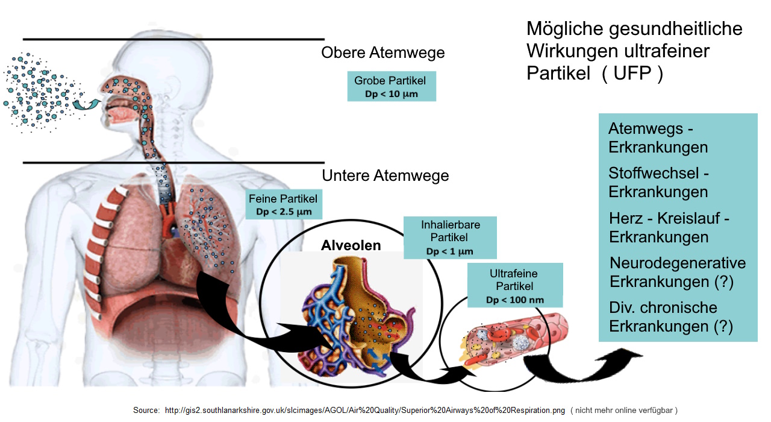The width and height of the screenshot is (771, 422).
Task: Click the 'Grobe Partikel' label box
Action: [391, 87]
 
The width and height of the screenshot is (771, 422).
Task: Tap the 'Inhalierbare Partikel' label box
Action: [450, 238]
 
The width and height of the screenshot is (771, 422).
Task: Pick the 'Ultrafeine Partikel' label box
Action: [515, 286]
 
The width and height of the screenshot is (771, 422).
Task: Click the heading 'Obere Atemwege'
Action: [383, 53]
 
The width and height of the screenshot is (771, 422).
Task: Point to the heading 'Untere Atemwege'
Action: [385, 176]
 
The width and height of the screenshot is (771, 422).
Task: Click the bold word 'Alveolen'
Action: [351, 245]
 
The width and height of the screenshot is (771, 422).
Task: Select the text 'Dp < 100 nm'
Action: [515, 300]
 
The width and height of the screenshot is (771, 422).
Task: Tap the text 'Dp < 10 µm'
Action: [391, 95]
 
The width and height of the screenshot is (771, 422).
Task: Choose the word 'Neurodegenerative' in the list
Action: [678, 263]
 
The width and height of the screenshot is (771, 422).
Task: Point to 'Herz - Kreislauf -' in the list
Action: [669, 218]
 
